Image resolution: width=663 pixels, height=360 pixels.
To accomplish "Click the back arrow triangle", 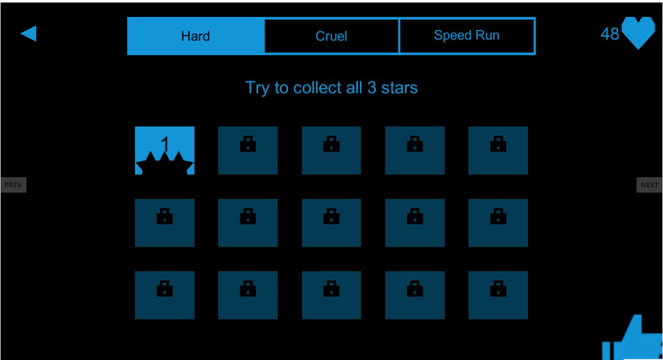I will [29, 33].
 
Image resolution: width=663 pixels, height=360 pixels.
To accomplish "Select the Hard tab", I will [195, 36].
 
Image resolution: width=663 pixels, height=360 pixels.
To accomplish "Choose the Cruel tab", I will [331, 36].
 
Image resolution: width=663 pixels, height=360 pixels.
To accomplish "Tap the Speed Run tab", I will [467, 35].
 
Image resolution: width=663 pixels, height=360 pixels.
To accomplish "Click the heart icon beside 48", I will [638, 33].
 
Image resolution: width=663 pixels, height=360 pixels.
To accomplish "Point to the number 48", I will [610, 34].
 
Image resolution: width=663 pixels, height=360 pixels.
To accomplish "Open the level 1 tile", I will [164, 150].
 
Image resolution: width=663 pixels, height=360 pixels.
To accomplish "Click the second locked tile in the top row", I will [248, 150].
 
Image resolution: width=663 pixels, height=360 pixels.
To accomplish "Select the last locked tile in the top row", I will [498, 150].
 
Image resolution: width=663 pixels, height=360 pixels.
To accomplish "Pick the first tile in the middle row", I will [164, 222].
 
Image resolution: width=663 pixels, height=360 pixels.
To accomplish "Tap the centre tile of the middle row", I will [331, 222].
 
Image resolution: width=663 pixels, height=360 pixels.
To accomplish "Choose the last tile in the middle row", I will [498, 222].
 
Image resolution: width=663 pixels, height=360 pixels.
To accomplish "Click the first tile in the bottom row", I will [164, 294].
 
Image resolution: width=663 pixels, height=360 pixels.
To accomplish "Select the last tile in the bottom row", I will [498, 294].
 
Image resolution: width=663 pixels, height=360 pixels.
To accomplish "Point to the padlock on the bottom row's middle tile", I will [331, 289].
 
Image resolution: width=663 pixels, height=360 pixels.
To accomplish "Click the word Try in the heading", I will [257, 88].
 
